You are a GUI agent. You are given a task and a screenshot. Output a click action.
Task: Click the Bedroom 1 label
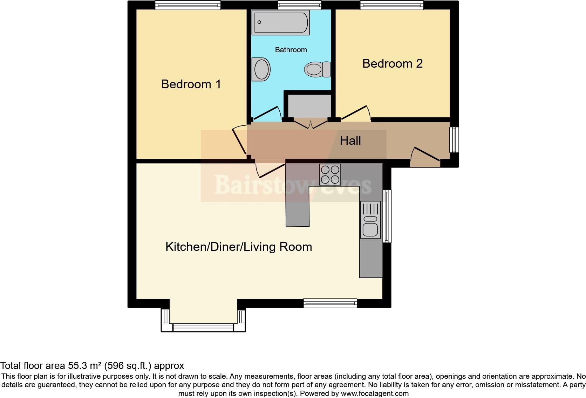191,84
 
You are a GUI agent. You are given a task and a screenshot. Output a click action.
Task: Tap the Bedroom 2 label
392,63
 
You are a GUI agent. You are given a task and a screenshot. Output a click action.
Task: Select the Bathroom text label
291,50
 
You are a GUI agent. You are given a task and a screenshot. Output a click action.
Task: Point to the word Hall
350,141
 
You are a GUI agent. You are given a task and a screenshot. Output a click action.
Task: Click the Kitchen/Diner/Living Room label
238,247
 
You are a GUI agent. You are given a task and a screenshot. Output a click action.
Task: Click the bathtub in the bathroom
280,23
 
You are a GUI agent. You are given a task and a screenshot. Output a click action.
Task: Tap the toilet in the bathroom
318,69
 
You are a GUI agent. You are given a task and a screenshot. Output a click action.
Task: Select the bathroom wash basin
261,69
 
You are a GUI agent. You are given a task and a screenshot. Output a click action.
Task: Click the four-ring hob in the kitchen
330,174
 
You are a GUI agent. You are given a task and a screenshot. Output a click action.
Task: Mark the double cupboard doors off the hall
311,124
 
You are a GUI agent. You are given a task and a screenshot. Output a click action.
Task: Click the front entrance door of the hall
425,157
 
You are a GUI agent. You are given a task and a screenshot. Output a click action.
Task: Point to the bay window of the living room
203,328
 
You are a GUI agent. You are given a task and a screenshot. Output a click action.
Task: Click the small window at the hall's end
454,139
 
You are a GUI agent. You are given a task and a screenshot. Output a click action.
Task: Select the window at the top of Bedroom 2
391,5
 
